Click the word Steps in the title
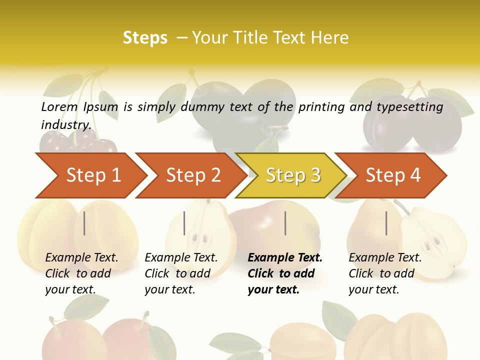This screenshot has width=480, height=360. (x=145, y=38)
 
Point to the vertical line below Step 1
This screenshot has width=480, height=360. (x=84, y=223)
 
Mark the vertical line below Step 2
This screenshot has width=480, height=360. (x=184, y=223)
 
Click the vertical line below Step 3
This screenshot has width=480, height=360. (x=285, y=223)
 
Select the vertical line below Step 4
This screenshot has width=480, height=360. (x=386, y=223)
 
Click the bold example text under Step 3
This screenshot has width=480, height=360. (x=285, y=273)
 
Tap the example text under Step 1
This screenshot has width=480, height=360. (x=81, y=273)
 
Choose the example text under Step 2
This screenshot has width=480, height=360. (x=181, y=273)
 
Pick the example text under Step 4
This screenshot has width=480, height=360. (x=385, y=273)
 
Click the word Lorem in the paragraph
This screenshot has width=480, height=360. (x=59, y=106)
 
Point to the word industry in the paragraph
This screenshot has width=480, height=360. (x=65, y=124)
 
